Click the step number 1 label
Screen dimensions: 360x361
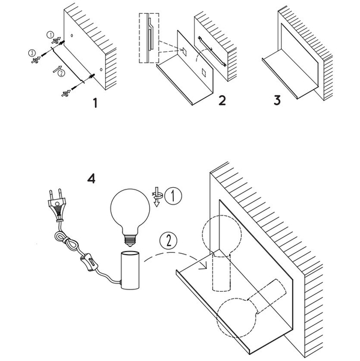tap(95, 103)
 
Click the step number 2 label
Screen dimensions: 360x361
tap(222, 100)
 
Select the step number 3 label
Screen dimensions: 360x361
tap(277, 100)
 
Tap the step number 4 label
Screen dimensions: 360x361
tap(91, 179)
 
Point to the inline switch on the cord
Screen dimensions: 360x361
tap(89, 262)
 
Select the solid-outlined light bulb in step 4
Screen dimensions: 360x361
tap(130, 218)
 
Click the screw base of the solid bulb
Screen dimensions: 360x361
tap(130, 241)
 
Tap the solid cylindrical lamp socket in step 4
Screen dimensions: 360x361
tap(130, 270)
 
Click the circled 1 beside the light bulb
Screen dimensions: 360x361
tap(173, 196)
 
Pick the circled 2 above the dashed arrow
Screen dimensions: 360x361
tap(169, 241)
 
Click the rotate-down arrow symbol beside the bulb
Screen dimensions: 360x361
tap(157, 197)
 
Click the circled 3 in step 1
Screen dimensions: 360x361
tap(31, 53)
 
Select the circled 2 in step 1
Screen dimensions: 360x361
tap(61, 73)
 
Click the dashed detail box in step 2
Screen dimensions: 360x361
tap(149, 39)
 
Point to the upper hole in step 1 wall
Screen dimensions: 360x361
tap(72, 35)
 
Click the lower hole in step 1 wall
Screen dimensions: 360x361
tap(101, 69)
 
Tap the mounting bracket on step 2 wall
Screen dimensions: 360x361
tap(212, 51)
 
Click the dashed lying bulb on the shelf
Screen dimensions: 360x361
tap(251, 308)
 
